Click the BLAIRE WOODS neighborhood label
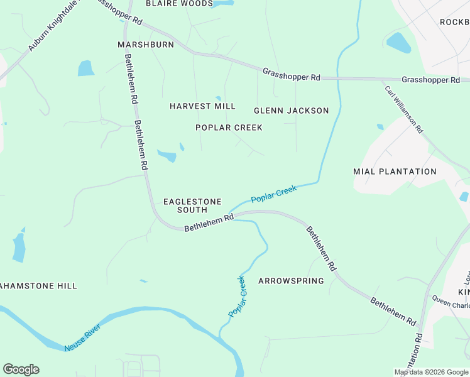click(179, 4)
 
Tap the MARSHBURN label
click(146, 45)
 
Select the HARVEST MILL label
click(202, 106)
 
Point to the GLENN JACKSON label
click(291, 111)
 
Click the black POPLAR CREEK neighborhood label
click(229, 128)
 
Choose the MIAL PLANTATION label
click(395, 172)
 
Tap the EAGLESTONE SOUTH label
click(192, 205)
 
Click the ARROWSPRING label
click(291, 281)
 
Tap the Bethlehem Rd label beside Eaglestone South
click(209, 222)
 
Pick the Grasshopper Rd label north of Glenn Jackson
click(292, 74)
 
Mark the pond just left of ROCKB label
click(398, 42)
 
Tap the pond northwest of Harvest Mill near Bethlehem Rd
click(85, 68)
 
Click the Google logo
click(21, 369)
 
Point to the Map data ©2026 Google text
click(431, 372)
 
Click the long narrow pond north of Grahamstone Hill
click(19, 248)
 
